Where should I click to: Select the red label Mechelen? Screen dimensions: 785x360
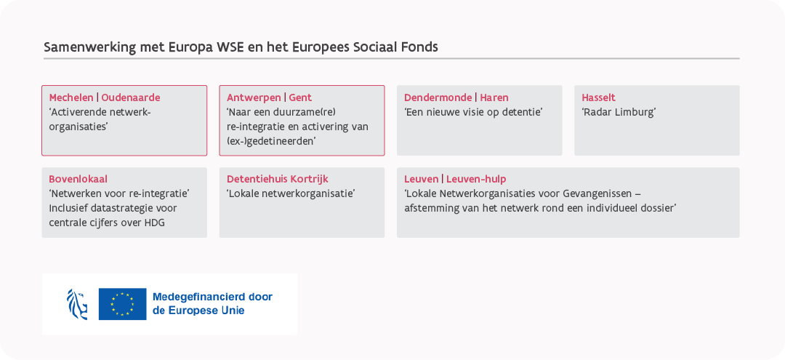point(71,97)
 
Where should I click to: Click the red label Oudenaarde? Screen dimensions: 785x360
point(131,97)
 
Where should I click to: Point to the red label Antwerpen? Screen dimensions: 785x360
point(254,98)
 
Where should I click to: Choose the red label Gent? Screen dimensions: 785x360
point(300,97)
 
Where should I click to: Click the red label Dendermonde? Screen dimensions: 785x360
point(438,97)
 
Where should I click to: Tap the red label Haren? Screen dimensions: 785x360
point(494,97)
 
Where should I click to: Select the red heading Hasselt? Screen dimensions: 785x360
point(599,97)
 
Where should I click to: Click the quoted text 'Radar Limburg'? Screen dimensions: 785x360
point(619,112)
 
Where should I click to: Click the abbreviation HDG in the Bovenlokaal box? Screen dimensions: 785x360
point(154,223)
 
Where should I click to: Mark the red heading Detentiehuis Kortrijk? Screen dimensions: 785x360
point(278,179)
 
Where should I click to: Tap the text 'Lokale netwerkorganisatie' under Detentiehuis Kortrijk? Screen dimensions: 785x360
point(291,193)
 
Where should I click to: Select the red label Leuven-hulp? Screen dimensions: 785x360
point(476,179)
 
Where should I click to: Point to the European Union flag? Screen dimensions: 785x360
point(123,304)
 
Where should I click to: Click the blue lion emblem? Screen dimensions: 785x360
point(77,304)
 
